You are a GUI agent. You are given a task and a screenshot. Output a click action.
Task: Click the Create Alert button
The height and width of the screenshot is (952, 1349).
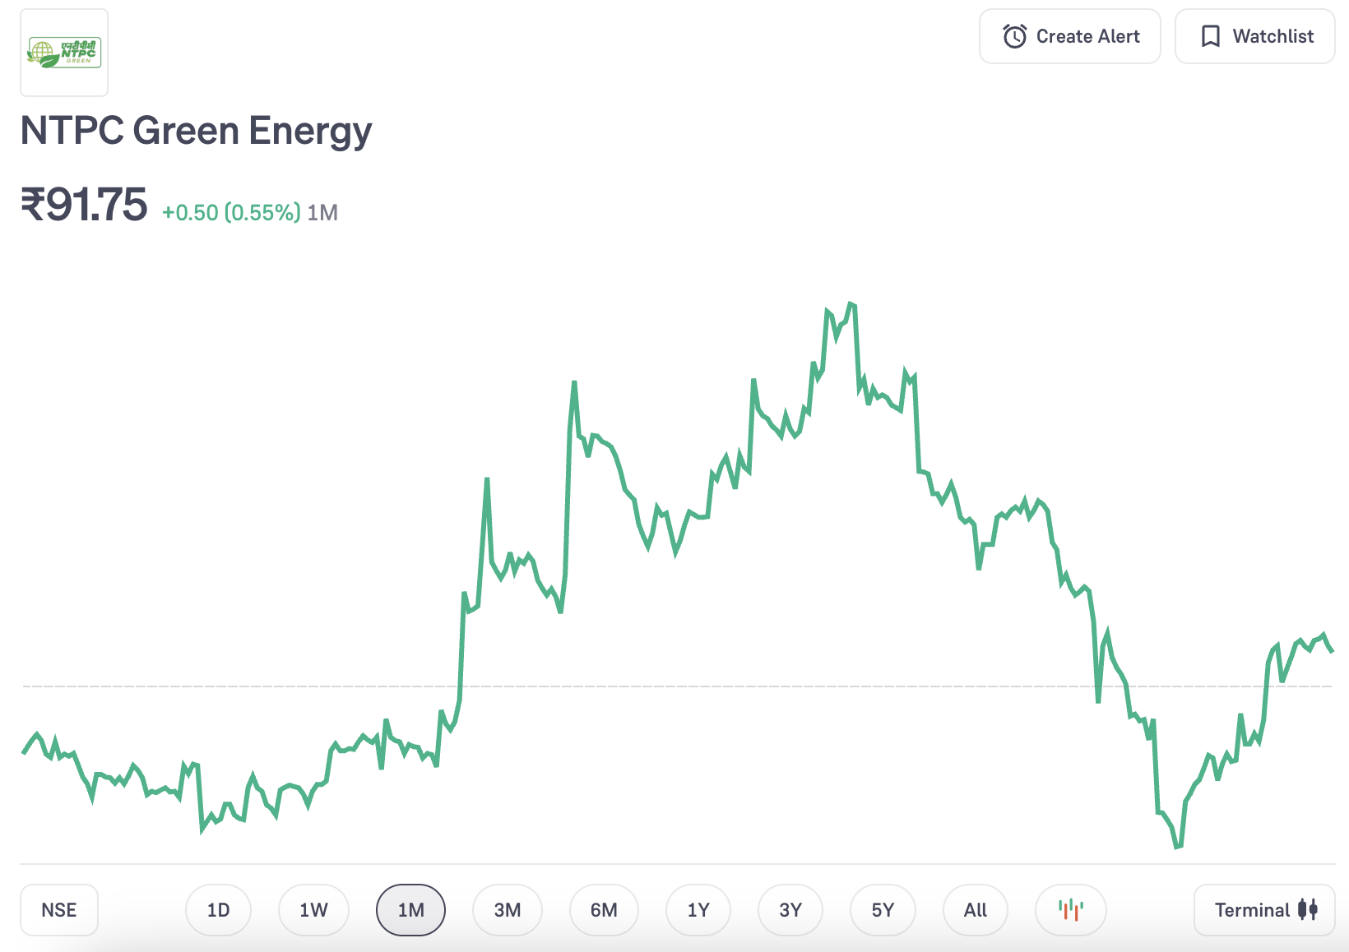(1069, 36)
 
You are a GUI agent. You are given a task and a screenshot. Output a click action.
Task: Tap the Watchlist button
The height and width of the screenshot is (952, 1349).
(1254, 36)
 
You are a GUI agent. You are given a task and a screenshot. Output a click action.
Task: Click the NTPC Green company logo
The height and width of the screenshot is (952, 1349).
(64, 53)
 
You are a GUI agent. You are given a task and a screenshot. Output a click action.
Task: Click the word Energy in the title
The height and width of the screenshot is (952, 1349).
(310, 132)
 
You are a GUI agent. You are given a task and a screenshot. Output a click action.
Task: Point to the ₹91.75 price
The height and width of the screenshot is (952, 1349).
(84, 205)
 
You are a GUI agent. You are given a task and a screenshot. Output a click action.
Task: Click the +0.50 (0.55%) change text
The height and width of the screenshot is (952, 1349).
(231, 213)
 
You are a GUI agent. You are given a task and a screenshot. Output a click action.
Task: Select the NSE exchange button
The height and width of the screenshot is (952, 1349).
(59, 910)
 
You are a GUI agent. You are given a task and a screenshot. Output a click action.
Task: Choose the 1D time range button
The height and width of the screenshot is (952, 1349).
(218, 910)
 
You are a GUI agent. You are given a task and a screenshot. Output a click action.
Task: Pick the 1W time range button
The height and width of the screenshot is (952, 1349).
(313, 910)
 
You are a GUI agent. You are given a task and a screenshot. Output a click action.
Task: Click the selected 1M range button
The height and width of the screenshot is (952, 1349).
(410, 910)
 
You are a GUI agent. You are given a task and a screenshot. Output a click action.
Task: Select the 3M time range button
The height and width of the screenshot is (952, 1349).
(508, 910)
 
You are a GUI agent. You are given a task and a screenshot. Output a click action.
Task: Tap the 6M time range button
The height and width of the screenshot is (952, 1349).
(604, 910)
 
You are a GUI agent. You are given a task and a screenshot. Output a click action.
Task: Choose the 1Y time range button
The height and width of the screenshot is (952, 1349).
(698, 910)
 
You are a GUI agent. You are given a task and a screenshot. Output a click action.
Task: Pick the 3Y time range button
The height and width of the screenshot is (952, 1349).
(790, 910)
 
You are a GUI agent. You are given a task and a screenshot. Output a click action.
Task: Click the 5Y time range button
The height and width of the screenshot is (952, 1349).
(883, 910)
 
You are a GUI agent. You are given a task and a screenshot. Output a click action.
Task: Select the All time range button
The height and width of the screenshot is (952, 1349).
(976, 910)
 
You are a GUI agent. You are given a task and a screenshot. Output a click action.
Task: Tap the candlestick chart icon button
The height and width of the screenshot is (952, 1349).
(1071, 910)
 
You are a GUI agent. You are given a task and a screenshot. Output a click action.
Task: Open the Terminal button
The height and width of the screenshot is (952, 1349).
(1264, 910)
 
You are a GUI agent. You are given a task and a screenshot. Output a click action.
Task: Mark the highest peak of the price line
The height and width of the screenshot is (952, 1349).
(851, 304)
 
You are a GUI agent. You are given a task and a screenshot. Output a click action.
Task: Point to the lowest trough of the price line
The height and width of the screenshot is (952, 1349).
(1177, 846)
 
